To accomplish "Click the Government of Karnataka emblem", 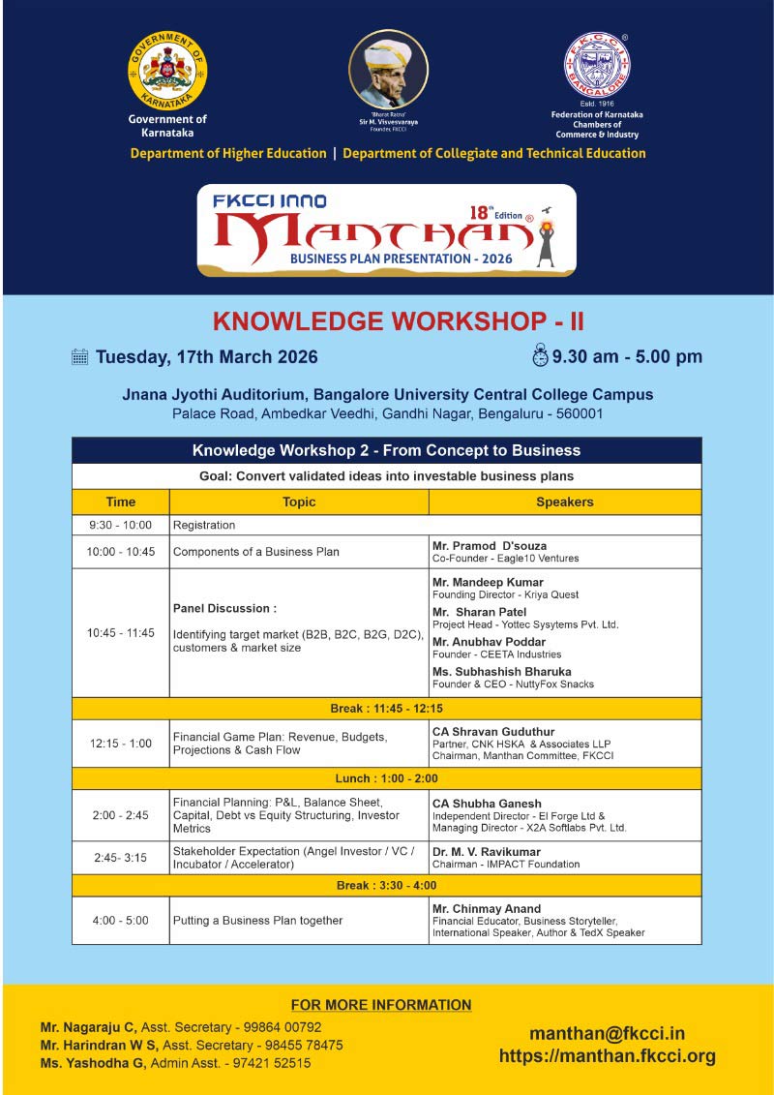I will (167, 71).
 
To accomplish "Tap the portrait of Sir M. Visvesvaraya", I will (388, 70).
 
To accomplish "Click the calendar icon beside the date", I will (80, 356).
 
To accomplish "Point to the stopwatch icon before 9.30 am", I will (540, 355).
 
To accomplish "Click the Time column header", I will (121, 502).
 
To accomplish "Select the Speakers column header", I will (565, 502).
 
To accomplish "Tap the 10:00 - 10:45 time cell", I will (121, 552).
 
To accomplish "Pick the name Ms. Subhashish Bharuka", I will (502, 671).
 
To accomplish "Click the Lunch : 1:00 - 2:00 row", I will (386, 778).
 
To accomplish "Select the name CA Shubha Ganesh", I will (487, 804).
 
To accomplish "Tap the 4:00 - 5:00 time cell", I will (121, 920).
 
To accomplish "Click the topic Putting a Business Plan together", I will (257, 920).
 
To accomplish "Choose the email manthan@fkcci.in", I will (607, 1034).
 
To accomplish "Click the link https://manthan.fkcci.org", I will (607, 1056).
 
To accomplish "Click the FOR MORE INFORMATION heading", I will (381, 1005).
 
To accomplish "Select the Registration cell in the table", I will (204, 525).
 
